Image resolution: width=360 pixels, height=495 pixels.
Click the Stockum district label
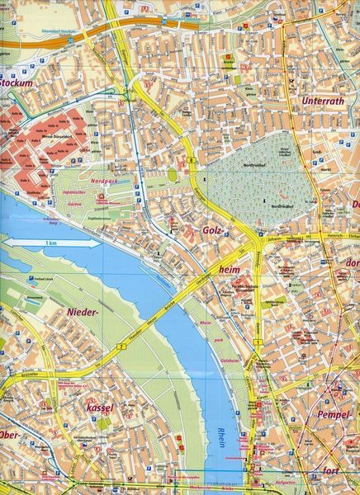[17, 82]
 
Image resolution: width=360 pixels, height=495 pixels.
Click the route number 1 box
[258, 342]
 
